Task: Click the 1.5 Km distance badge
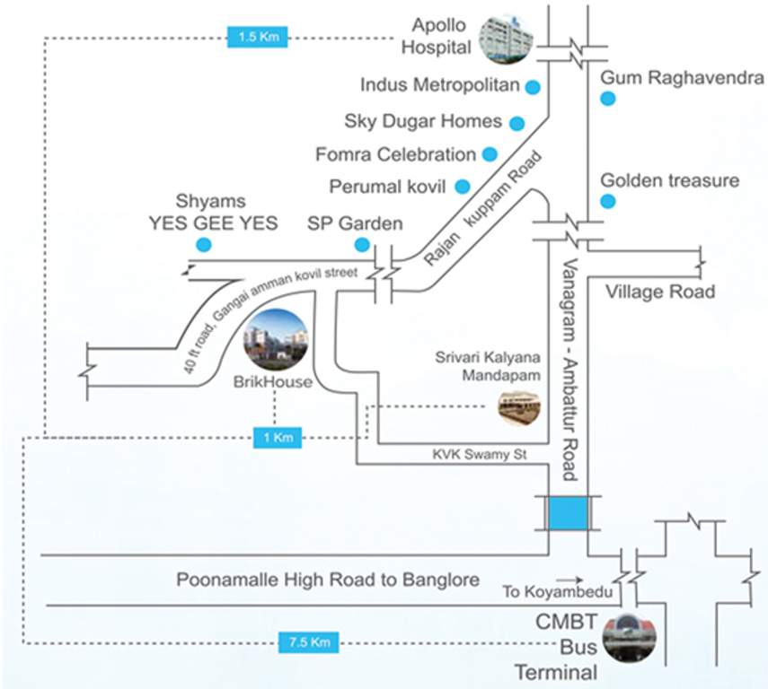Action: click(259, 38)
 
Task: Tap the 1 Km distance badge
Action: click(277, 438)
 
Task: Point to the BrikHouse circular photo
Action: click(277, 339)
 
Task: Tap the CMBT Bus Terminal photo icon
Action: click(630, 634)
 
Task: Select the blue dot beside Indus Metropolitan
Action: click(533, 87)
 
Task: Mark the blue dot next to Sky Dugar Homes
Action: click(517, 122)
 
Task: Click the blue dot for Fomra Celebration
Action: click(490, 154)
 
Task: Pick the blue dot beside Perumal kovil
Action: click(463, 187)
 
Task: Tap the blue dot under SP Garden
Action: click(362, 244)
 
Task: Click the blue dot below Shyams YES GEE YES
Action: click(204, 244)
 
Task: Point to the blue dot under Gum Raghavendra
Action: click(608, 100)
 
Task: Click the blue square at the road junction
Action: click(568, 513)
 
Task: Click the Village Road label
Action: click(660, 292)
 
